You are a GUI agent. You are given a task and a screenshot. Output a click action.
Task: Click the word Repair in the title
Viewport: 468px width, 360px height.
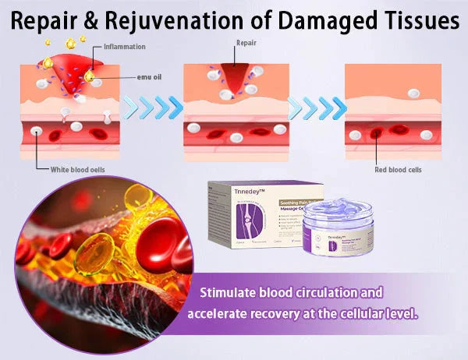[x=48, y=20]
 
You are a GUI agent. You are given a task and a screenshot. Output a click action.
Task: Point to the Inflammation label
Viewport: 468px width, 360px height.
[x=124, y=47]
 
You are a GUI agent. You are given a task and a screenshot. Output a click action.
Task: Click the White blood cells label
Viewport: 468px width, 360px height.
[x=74, y=168]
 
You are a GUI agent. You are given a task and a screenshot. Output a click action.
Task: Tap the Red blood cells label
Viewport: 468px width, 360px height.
[x=398, y=169]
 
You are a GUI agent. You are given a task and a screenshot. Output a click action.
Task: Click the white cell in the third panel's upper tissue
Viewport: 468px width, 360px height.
[x=413, y=93]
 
